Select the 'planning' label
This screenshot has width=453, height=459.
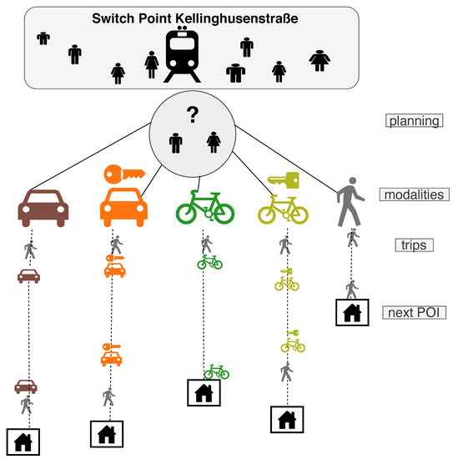[x=412, y=121]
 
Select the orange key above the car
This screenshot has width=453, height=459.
[x=123, y=174]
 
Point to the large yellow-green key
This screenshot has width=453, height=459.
[x=284, y=179]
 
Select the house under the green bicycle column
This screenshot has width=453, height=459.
[x=204, y=392]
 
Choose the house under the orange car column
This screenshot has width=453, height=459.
[x=107, y=434]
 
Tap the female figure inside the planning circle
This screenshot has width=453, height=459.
[x=214, y=144]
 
